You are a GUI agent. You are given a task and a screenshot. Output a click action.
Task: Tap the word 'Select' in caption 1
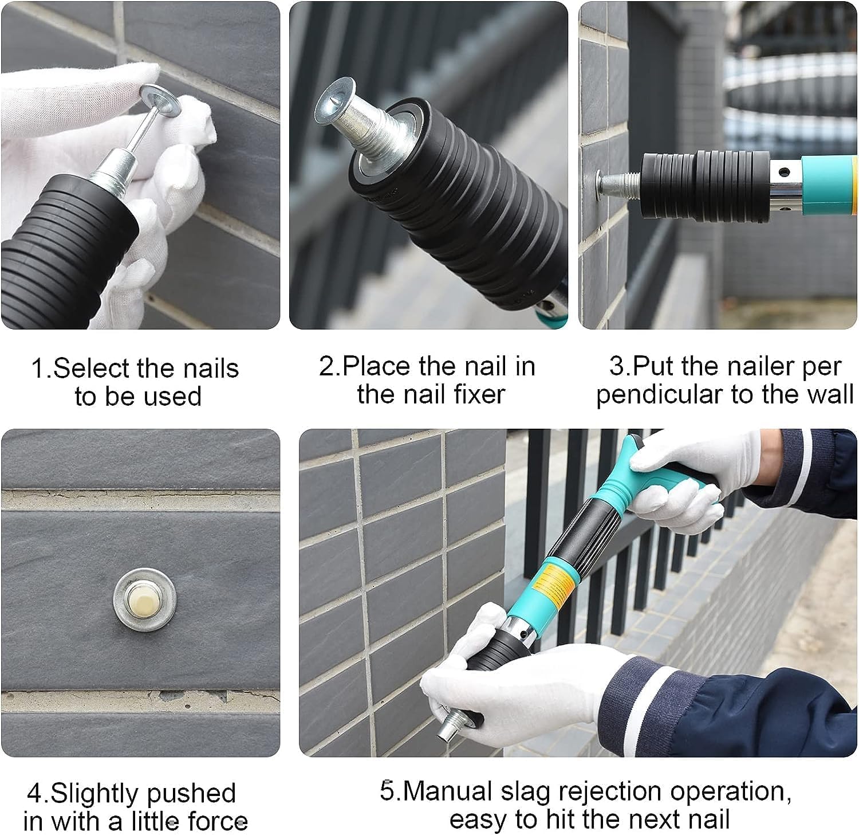[88, 368]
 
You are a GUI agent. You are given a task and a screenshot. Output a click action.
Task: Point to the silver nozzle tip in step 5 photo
[447, 730]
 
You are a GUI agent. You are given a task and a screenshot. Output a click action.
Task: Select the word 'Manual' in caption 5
[441, 791]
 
